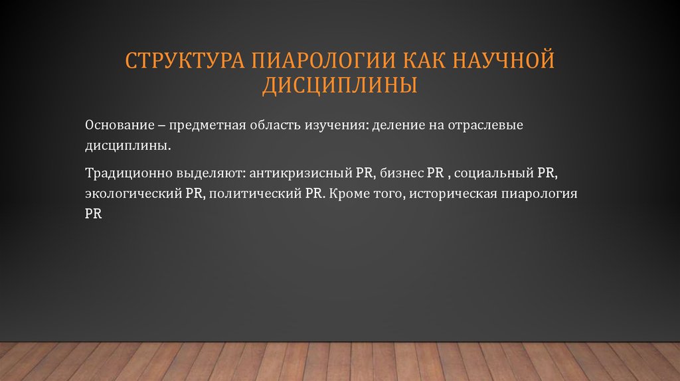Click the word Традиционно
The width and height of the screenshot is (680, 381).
point(126,173)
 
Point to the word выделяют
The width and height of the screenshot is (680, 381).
point(210,173)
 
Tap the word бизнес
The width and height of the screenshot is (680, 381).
point(401,173)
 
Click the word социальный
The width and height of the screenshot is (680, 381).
point(493,173)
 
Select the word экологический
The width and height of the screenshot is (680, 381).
point(131,194)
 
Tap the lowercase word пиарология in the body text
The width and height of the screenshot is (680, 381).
point(535,194)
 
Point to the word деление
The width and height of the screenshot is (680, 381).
point(394,125)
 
